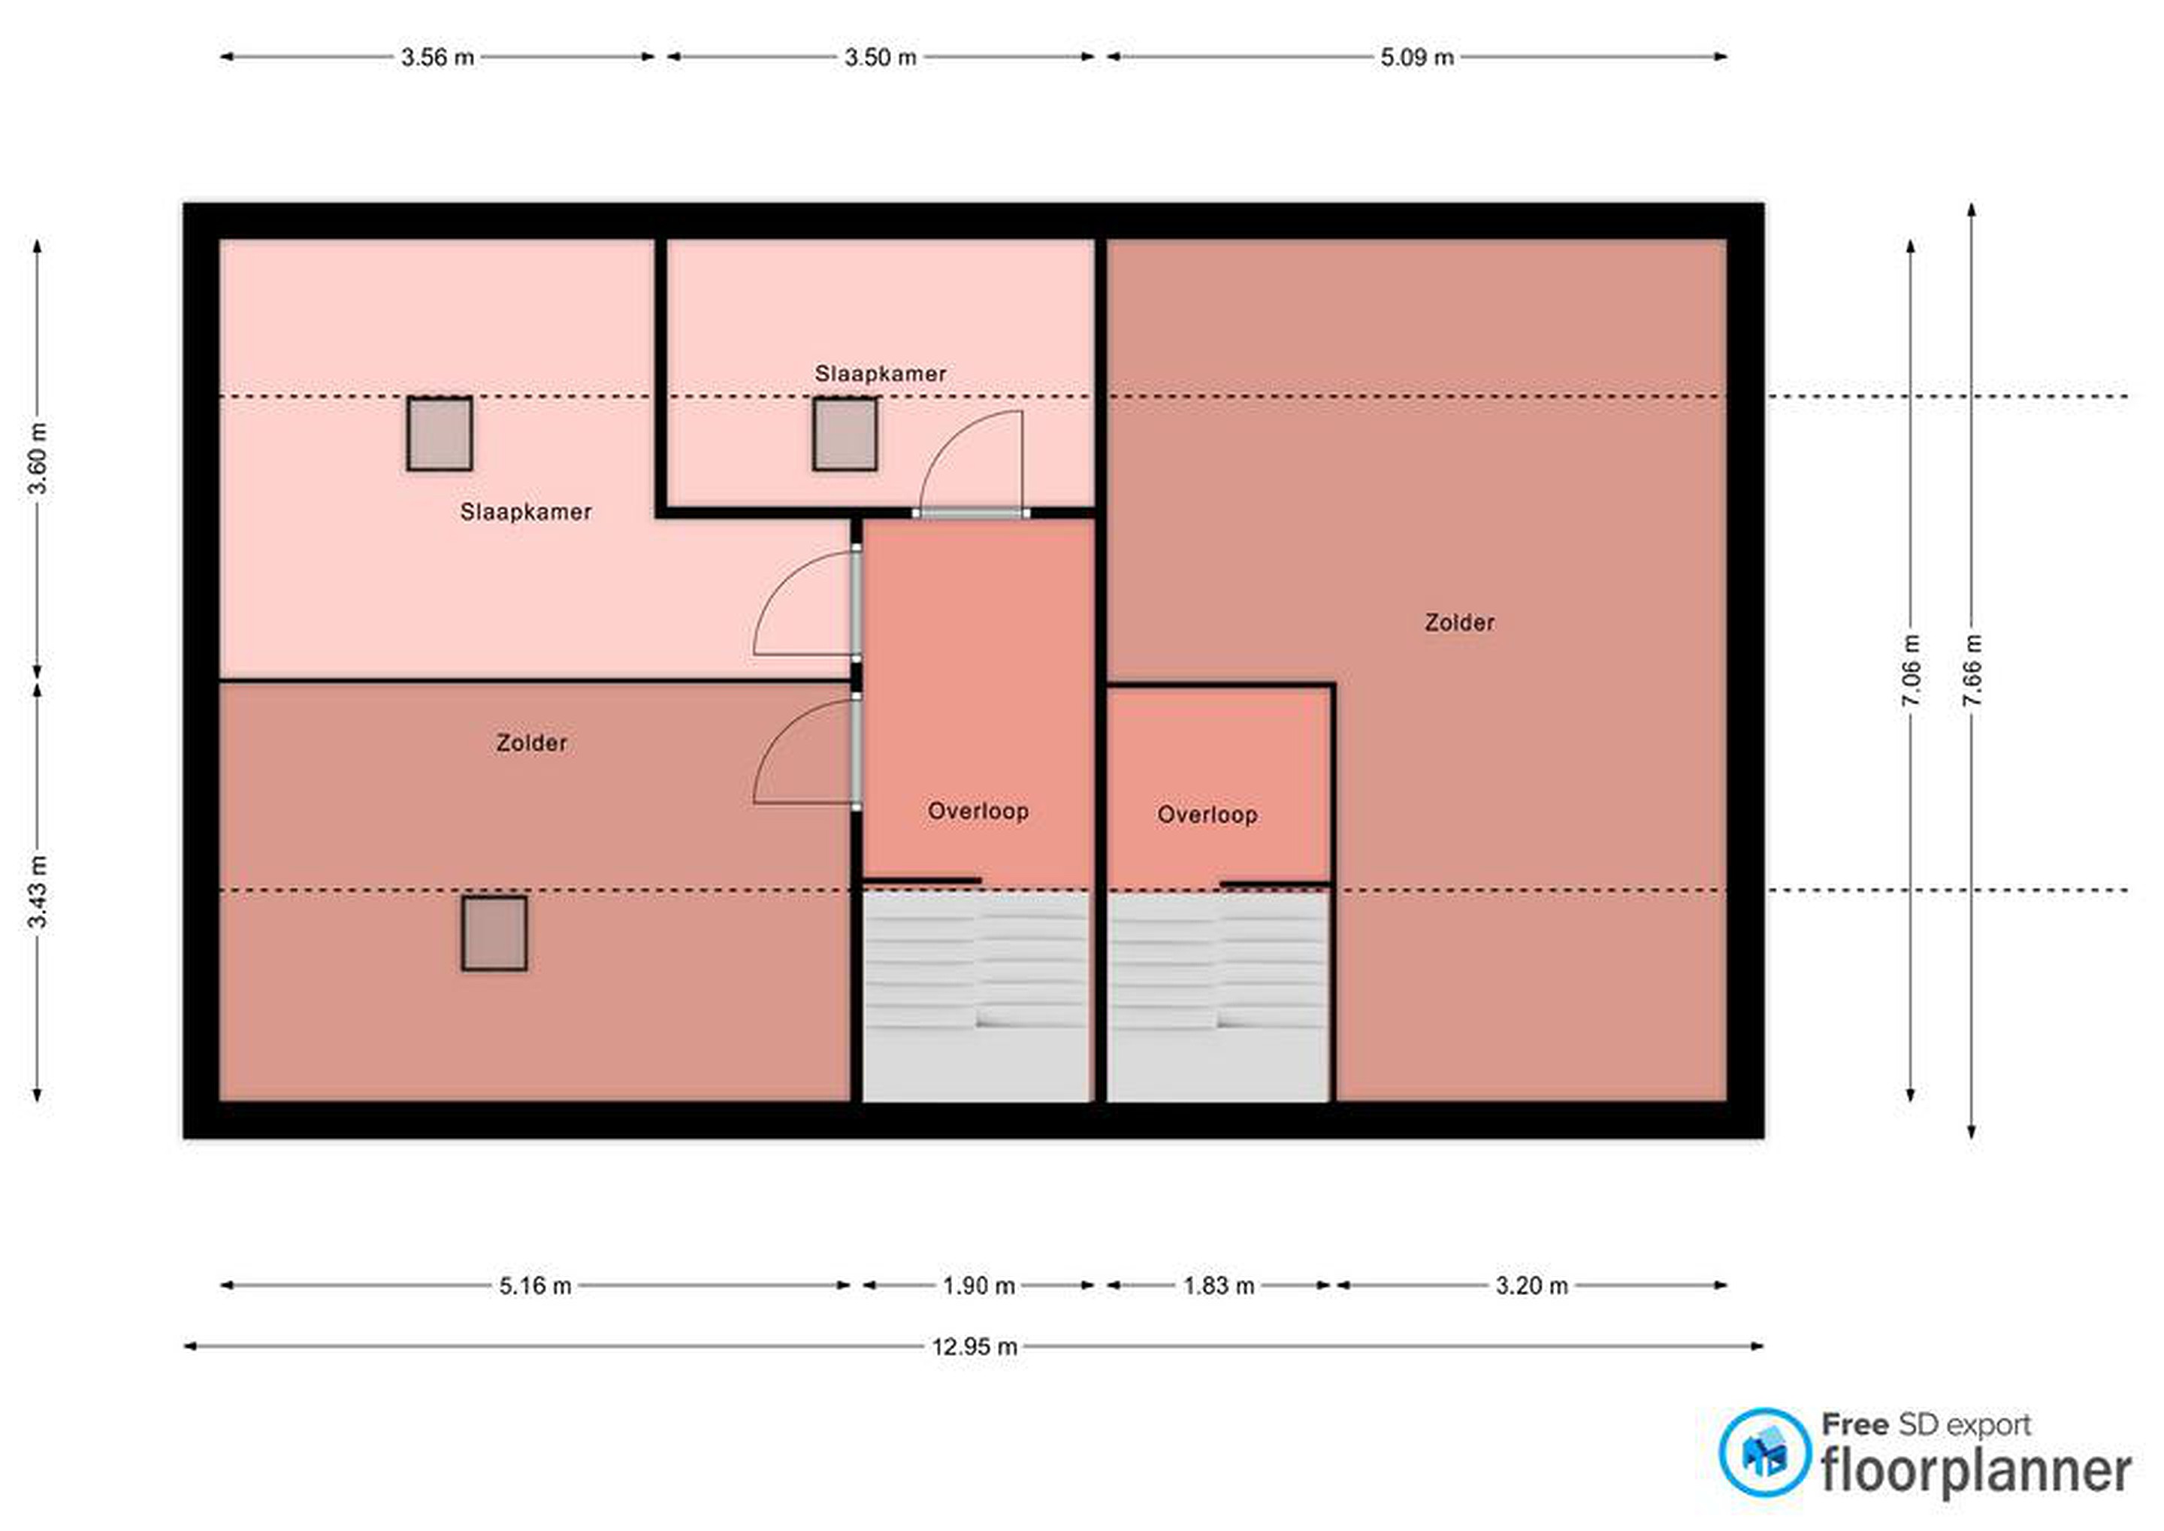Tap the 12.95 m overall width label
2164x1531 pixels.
click(x=975, y=1346)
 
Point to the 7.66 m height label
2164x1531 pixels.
click(x=1972, y=670)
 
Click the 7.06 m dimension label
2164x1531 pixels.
click(x=1911, y=670)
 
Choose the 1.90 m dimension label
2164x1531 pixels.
click(x=979, y=1286)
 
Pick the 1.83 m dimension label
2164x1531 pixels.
click(x=1219, y=1286)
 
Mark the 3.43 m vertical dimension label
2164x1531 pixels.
click(x=37, y=892)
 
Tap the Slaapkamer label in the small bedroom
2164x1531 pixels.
click(x=881, y=374)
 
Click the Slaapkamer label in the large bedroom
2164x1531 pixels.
click(x=526, y=512)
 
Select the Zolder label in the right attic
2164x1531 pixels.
click(x=1459, y=622)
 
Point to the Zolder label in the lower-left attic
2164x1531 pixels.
click(x=531, y=743)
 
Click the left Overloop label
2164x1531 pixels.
click(x=978, y=811)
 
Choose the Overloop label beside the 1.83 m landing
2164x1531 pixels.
click(x=1207, y=815)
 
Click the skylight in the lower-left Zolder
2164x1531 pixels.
click(x=494, y=933)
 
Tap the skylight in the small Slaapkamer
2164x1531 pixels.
click(x=845, y=434)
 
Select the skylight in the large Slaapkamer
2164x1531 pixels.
click(x=440, y=434)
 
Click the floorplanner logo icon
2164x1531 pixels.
click(x=1764, y=1452)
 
